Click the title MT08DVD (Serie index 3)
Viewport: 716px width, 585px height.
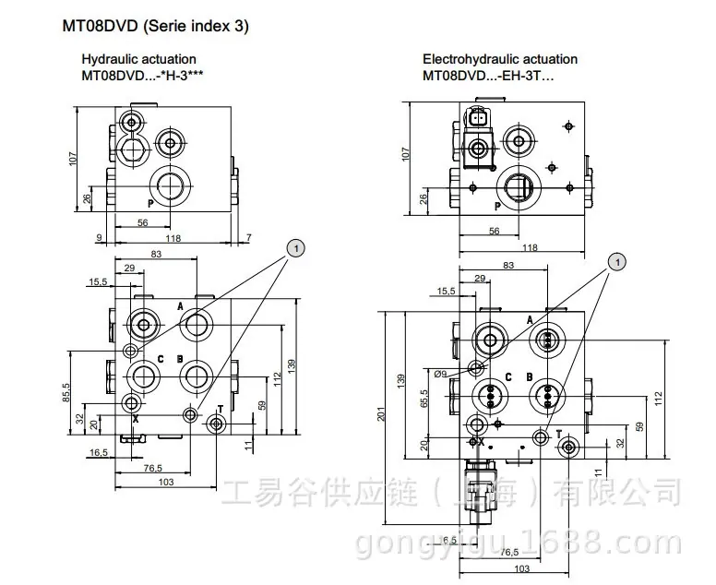click(x=155, y=26)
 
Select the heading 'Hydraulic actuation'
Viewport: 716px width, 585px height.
click(x=138, y=59)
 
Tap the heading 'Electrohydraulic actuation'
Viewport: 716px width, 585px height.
click(x=500, y=59)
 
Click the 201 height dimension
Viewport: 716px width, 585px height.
click(x=382, y=413)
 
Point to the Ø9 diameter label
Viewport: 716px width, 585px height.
click(x=440, y=374)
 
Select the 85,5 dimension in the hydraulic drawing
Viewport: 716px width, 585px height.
click(x=66, y=392)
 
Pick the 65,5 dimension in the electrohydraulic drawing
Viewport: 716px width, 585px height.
click(x=424, y=399)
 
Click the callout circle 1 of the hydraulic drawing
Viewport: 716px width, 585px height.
click(x=295, y=248)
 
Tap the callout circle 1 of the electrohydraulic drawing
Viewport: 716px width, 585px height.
click(x=618, y=262)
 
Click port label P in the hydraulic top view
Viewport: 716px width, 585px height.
click(x=150, y=204)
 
